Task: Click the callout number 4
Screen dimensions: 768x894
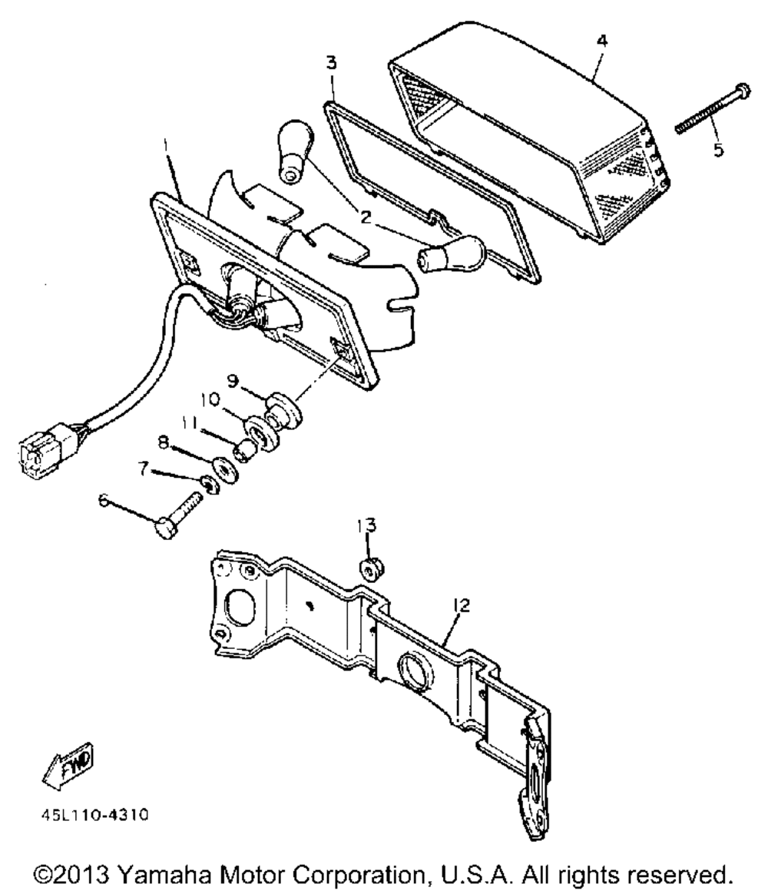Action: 601,41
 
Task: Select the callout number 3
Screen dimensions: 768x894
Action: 331,62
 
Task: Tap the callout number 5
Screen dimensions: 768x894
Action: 718,149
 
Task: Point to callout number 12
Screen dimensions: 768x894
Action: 461,605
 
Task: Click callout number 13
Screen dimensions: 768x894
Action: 367,525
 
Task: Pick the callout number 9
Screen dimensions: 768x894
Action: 233,381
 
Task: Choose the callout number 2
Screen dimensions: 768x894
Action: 366,217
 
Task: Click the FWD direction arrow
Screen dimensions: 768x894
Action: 68,766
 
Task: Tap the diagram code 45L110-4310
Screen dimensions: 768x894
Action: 94,816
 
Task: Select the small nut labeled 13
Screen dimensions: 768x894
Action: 371,568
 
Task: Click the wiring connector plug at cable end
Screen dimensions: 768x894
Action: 45,455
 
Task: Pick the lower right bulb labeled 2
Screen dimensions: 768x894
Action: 452,253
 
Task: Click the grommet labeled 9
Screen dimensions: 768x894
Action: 283,406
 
